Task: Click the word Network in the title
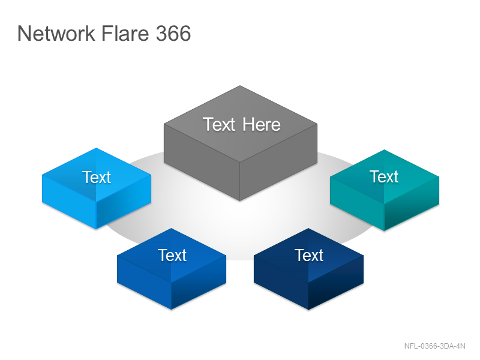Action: (56, 33)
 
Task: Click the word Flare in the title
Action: (125, 33)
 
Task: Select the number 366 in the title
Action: (173, 33)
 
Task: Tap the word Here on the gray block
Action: (262, 125)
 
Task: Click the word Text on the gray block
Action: (219, 125)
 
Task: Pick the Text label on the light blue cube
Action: (97, 177)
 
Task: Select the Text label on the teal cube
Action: (384, 176)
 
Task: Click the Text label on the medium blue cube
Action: (172, 256)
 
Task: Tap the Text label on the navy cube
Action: (309, 256)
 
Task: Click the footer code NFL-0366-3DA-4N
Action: (434, 346)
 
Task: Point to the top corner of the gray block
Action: (240, 86)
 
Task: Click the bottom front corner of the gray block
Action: (239, 201)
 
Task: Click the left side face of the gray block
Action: (202, 162)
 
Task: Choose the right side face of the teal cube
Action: (412, 203)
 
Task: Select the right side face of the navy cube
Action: (336, 282)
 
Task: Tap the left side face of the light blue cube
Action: (69, 202)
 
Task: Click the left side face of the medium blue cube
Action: (144, 282)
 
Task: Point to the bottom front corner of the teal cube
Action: (384, 231)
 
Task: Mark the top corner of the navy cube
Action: (308, 228)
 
